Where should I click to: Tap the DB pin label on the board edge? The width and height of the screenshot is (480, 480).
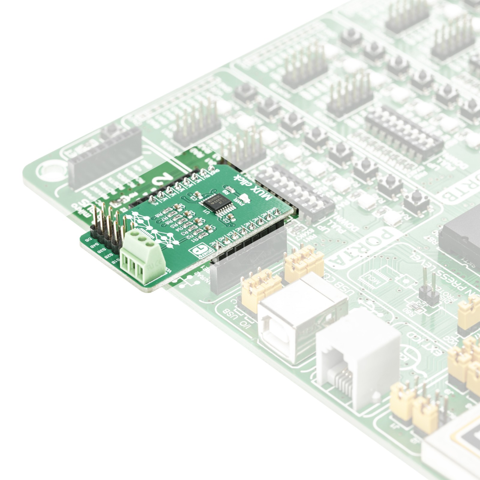[x=89, y=240]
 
